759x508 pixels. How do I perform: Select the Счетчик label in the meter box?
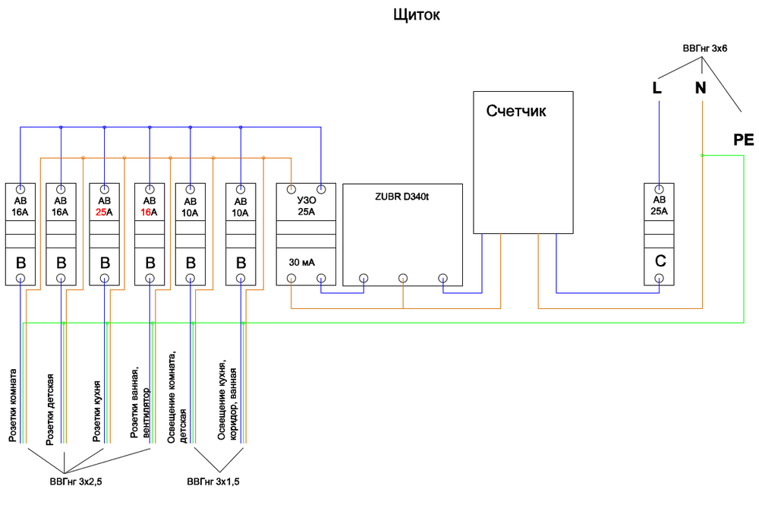516,112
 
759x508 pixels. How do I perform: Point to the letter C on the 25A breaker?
660,260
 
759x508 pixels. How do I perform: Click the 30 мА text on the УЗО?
302,261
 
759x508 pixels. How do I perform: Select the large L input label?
657,88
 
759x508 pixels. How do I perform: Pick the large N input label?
700,88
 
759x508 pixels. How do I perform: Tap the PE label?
744,140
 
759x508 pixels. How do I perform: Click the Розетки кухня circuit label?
96,412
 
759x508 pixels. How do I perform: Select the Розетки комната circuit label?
13,405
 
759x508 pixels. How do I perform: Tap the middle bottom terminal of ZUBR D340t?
403,278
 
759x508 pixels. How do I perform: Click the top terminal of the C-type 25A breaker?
660,188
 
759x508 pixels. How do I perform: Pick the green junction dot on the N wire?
702,156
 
